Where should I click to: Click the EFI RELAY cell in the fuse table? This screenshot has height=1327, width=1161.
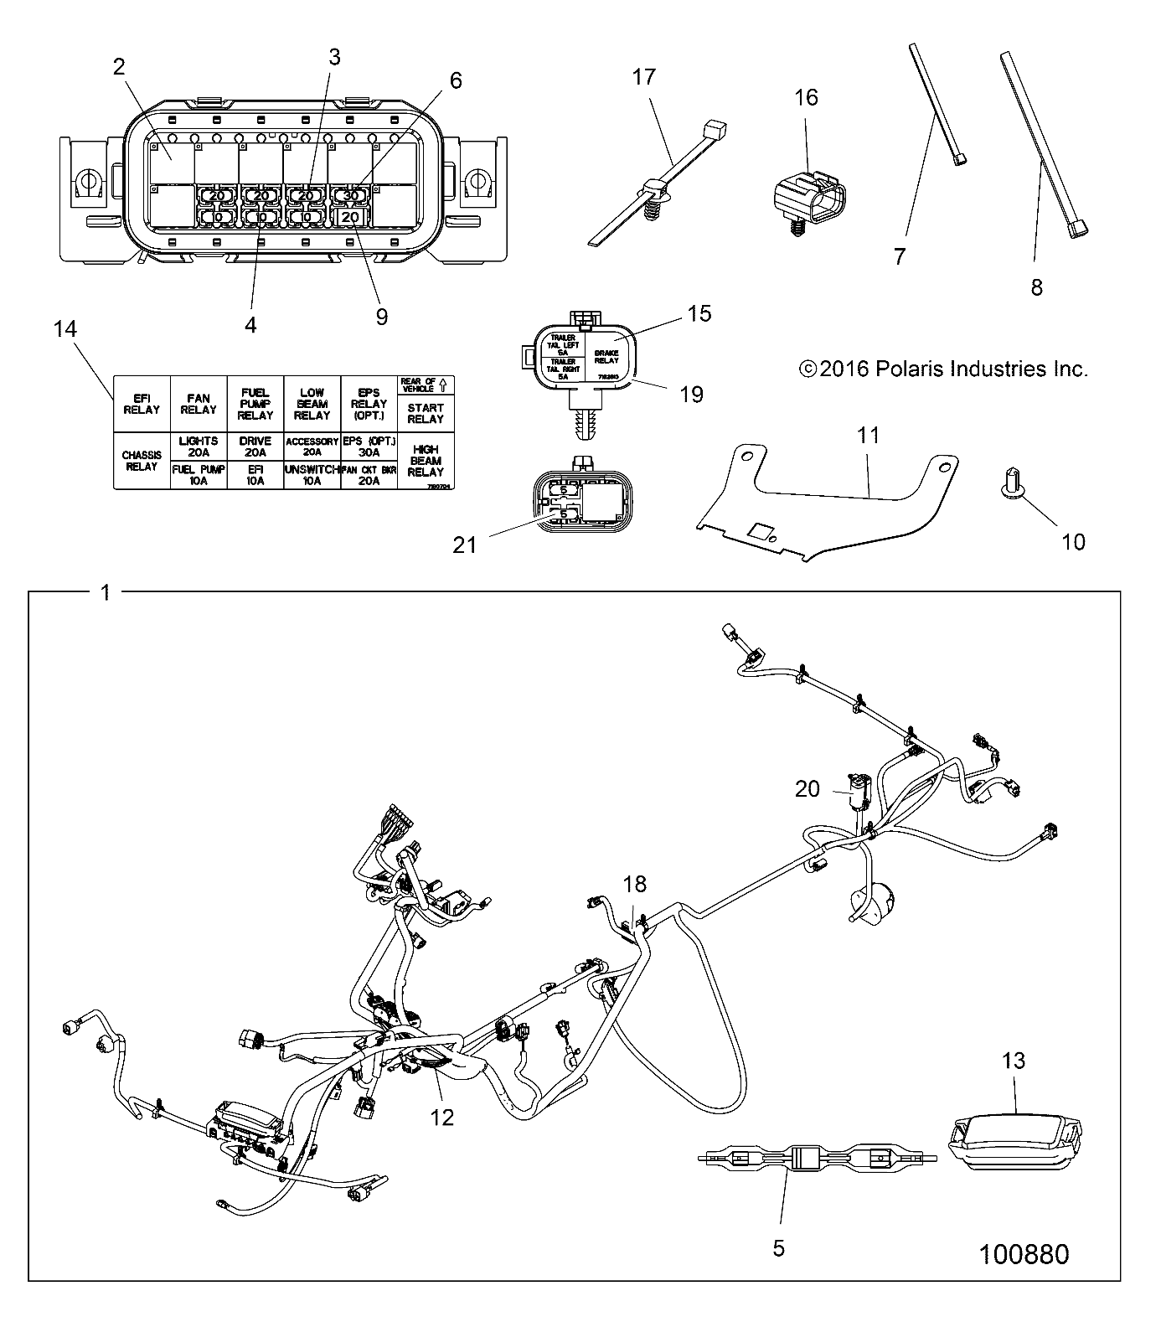coord(141,405)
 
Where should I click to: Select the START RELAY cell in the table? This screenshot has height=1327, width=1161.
coord(425,413)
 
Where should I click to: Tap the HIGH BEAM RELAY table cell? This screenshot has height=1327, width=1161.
coord(425,461)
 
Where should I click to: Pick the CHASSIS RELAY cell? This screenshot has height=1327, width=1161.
coord(141,461)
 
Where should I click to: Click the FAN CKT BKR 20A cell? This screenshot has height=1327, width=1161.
coord(368,476)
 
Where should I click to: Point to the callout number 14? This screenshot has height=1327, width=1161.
coord(64,329)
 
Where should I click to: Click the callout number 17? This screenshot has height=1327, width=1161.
coord(643,77)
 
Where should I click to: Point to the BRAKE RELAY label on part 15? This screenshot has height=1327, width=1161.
coord(606,355)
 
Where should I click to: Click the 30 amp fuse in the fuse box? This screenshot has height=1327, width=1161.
coord(349,195)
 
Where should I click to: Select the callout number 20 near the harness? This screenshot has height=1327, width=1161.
coord(808,788)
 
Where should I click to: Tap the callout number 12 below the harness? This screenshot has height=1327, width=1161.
coord(441,1117)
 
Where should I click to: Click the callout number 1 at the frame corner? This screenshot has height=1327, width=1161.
coord(105,593)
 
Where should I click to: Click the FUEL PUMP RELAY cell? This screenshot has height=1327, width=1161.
coord(255,405)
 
